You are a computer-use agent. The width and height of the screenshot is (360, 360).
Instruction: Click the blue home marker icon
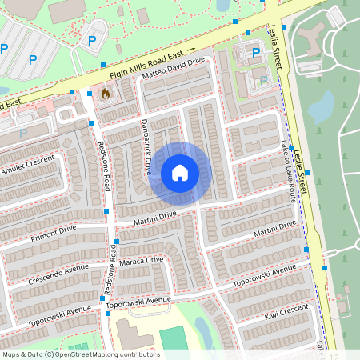180,173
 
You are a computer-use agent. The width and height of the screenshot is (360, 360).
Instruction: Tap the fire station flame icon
104,94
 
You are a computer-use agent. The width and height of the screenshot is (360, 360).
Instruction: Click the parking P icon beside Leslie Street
256,54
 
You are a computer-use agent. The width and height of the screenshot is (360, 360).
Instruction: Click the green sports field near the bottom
171,338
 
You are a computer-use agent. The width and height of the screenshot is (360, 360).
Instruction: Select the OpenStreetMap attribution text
81,354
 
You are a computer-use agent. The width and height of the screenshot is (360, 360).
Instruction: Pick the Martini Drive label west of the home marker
155,217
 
